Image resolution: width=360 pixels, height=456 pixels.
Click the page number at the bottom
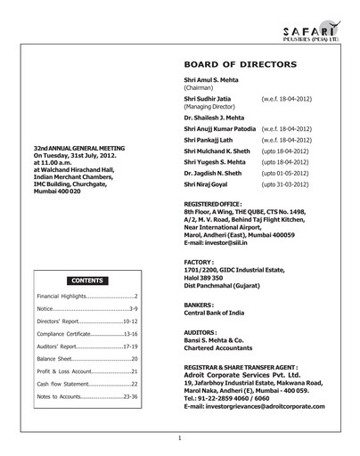coord(180,438)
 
